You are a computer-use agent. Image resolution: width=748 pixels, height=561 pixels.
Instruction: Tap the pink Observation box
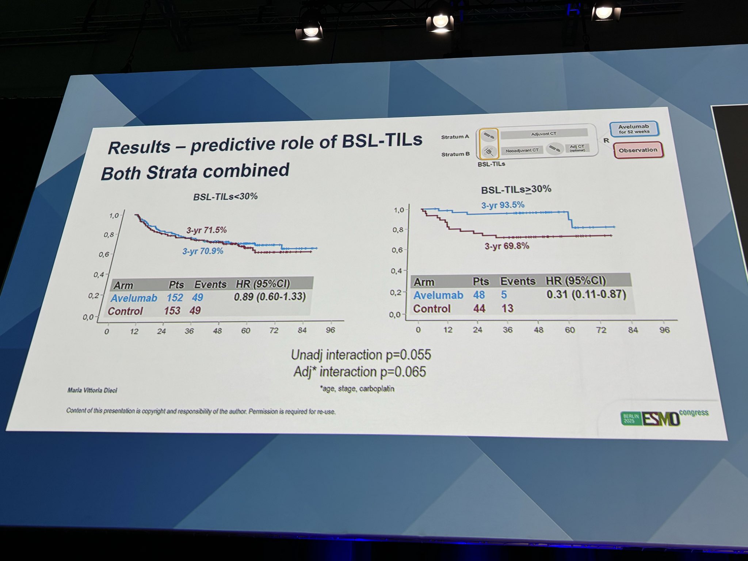(x=638, y=150)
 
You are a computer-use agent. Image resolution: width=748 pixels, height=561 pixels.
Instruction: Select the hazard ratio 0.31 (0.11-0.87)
(x=586, y=294)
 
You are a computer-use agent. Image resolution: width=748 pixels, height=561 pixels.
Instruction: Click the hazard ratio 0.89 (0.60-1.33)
(x=270, y=297)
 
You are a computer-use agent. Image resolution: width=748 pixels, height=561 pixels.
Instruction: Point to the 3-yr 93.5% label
(x=503, y=205)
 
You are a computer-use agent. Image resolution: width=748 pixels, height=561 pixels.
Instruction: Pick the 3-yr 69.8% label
(x=507, y=246)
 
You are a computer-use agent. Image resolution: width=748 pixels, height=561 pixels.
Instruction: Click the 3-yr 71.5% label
(x=206, y=230)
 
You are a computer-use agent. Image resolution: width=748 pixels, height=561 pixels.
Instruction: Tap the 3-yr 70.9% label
(x=203, y=251)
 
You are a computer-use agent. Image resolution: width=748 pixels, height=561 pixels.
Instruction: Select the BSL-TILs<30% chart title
(x=225, y=196)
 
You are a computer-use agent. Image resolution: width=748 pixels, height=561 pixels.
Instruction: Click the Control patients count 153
(x=172, y=310)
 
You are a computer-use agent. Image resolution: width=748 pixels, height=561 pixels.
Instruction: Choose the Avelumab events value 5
(x=504, y=295)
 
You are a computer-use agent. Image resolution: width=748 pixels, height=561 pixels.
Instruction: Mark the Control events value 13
(x=507, y=309)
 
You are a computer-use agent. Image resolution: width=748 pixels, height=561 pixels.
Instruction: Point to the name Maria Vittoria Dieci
(x=92, y=390)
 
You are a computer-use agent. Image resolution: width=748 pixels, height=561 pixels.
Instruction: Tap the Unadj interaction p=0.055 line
(x=361, y=355)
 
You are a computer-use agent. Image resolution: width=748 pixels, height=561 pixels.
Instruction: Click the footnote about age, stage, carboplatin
(x=357, y=389)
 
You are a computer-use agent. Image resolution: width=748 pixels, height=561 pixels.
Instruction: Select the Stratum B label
(x=455, y=154)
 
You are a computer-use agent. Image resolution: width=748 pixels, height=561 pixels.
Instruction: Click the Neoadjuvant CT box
(x=522, y=150)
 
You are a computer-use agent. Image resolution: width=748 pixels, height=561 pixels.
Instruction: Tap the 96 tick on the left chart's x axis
(x=330, y=330)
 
